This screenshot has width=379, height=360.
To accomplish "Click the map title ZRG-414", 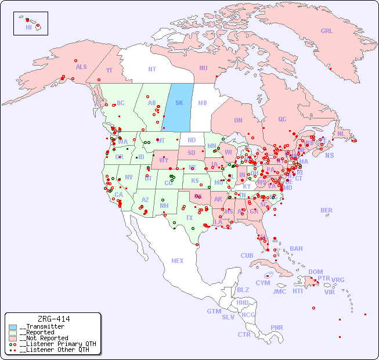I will point(53,319).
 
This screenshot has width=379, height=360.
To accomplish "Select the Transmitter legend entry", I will point(41,327).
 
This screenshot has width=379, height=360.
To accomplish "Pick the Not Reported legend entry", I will point(44,338).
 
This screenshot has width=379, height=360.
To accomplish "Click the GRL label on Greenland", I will point(327,31).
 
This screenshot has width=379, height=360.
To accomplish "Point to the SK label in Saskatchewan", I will point(179,103).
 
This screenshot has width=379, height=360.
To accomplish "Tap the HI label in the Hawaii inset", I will point(28,27).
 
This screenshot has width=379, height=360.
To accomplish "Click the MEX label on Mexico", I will point(177,261).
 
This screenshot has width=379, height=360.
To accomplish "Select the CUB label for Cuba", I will point(247,255).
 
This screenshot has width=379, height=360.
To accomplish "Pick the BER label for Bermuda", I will point(326,210).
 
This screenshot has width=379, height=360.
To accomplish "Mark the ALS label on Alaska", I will point(81,67).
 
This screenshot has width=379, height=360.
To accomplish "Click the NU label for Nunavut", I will point(203,68).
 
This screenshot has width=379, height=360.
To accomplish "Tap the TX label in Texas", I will point(189,218).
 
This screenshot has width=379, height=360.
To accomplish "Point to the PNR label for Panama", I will point(277,327).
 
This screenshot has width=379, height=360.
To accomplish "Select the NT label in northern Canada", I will point(151,69).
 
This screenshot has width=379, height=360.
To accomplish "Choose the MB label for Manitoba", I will point(202,103).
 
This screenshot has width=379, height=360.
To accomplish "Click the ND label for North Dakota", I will point(192,140).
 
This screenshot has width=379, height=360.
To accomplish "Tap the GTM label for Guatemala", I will point(214,311).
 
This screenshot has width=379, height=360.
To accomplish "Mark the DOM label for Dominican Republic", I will point(315,272).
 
